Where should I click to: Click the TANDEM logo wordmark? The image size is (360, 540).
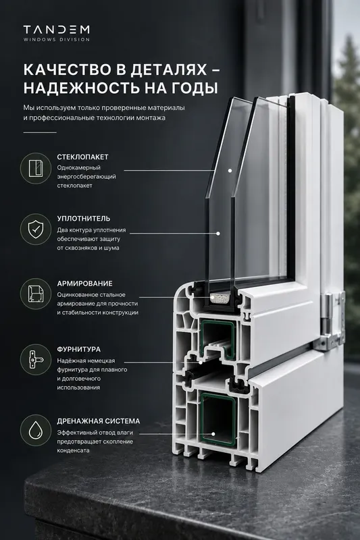pos(56,30)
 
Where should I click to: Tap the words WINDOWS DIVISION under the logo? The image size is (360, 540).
pos(57,40)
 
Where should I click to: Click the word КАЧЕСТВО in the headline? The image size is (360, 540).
pos(66,70)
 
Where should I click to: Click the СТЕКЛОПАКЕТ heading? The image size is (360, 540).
pos(82,157)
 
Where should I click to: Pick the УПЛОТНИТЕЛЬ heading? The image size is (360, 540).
pos(83,219)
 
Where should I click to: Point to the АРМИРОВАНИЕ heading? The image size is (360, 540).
pos(84,283)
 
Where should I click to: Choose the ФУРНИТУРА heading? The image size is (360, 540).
pos(79,350)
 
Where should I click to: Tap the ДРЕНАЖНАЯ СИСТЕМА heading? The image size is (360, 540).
pos(99,421)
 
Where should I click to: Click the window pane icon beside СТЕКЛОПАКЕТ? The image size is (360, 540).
pos(36,168)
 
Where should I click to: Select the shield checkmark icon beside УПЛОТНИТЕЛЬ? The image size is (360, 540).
pos(36,230)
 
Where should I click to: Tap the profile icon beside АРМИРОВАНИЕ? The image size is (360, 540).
pos(36,294)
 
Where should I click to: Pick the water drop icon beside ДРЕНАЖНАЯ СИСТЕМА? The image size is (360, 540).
pos(36,431)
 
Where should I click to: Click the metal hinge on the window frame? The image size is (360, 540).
pos(332,321)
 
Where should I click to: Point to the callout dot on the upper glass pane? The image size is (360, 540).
pos(230,171)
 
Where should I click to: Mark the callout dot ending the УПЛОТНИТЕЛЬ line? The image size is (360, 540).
pos(218,234)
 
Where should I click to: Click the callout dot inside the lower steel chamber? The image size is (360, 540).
pos(213,435)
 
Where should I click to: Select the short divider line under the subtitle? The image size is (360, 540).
pos(40,132)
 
